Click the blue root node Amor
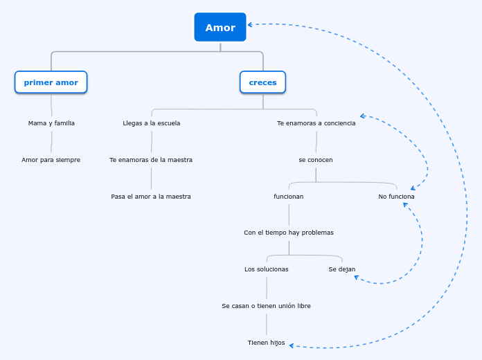coord(220,28)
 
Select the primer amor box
coord(51,82)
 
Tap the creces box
coord(262,82)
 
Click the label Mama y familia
coord(51,123)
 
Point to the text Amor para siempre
coord(51,160)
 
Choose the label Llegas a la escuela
coord(151,123)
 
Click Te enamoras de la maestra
coord(151,160)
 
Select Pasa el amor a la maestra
coord(151,197)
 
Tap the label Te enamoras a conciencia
coord(316,123)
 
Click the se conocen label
coord(316,160)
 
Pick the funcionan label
coord(289,197)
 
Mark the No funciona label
coord(396,197)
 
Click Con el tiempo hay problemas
coord(289,233)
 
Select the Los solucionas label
coord(267,269)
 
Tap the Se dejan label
coord(342,269)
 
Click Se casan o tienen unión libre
coord(266,306)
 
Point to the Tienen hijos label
coord(266,343)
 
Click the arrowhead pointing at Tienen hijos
coord(292,345)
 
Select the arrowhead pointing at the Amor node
coord(251,25)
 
